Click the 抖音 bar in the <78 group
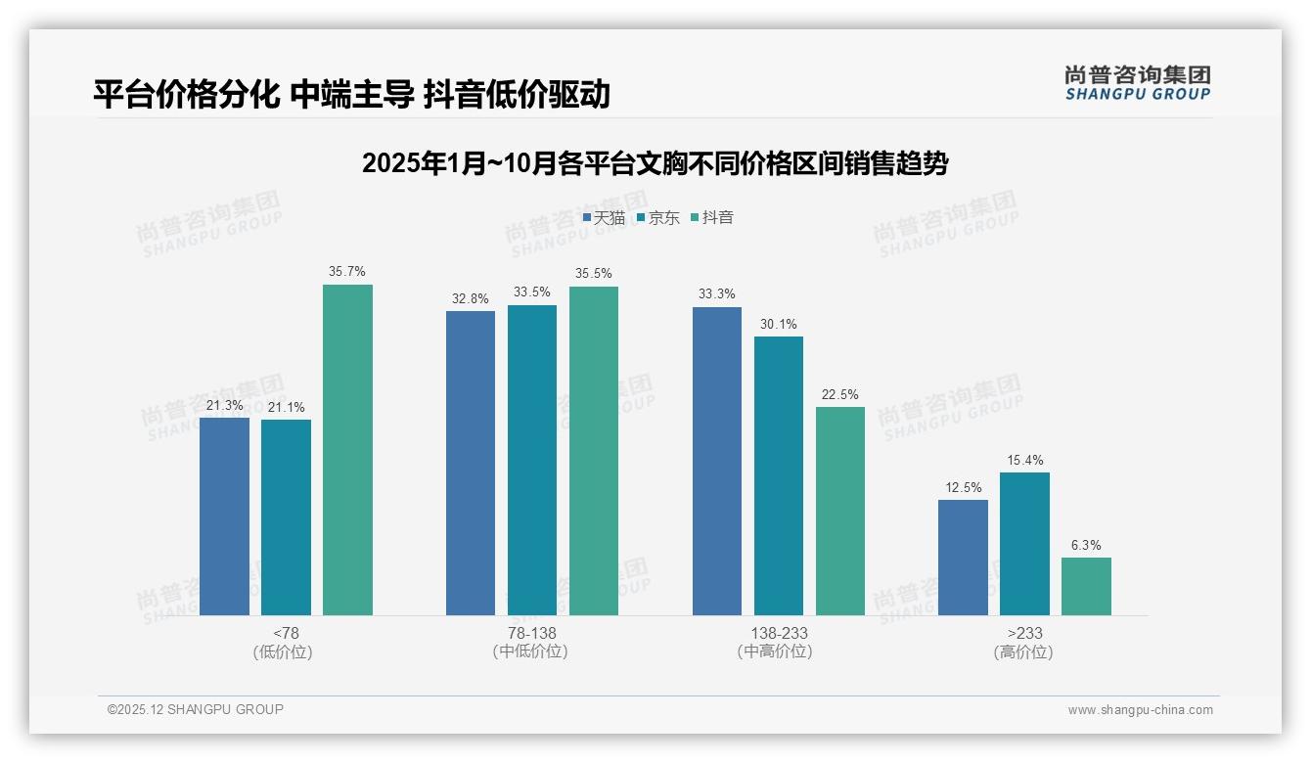point(347,450)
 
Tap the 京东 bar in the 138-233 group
point(779,475)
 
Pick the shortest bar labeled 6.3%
point(1086,586)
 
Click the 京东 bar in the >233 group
point(1024,544)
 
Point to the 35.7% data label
point(347,272)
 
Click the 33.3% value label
point(717,294)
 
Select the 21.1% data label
point(286,407)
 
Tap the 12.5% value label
point(963,487)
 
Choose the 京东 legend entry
point(657,217)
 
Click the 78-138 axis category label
point(531,633)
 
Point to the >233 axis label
point(1024,633)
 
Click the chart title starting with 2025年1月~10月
point(655,163)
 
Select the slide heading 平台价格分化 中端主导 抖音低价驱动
point(351,94)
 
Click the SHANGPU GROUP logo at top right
point(1137,83)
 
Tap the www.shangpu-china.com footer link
point(1140,710)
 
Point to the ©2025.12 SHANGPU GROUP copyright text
point(196,709)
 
